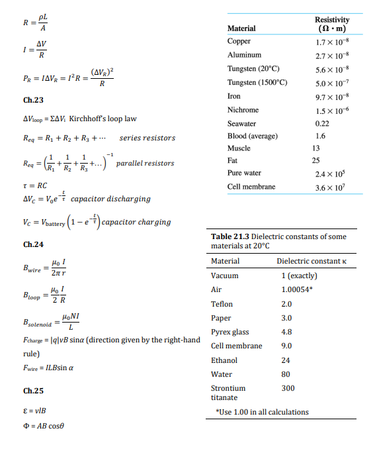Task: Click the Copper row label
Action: coord(239,41)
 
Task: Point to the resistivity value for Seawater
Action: coord(323,123)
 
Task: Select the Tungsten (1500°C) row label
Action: coord(257,82)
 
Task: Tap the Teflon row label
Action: coord(222,304)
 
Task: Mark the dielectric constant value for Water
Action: coord(286,374)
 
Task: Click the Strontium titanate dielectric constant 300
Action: coord(288,388)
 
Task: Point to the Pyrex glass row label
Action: coord(230,332)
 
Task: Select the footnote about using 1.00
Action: coord(263,412)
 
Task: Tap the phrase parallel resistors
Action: coord(145,163)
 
